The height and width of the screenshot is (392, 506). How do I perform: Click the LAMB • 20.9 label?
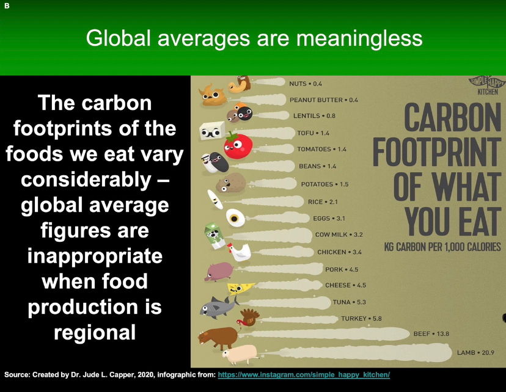(x=475, y=353)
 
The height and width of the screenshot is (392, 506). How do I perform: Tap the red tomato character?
(x=238, y=145)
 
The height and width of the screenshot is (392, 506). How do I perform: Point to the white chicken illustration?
(x=239, y=252)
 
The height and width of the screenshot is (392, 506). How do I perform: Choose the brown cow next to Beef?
(x=218, y=338)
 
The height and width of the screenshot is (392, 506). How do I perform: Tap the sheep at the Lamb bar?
(x=240, y=354)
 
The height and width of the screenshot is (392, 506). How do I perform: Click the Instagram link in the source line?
(x=304, y=374)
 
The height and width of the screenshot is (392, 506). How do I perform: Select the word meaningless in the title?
(x=359, y=38)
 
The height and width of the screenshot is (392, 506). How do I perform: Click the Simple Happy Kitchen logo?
(x=487, y=85)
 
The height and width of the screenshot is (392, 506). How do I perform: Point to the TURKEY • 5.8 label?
(x=361, y=319)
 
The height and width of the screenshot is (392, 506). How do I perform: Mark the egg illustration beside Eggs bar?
(x=235, y=218)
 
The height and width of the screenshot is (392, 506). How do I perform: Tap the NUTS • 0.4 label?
(x=306, y=84)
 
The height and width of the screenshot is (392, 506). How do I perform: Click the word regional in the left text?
(x=95, y=333)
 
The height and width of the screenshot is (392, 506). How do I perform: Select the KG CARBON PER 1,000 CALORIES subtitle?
(x=442, y=247)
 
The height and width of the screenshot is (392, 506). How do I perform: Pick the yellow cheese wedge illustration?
(x=240, y=288)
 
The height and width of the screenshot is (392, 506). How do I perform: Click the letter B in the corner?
(x=7, y=6)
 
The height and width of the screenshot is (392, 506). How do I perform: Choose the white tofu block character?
(x=211, y=131)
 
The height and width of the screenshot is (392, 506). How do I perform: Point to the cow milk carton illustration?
(x=214, y=236)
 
